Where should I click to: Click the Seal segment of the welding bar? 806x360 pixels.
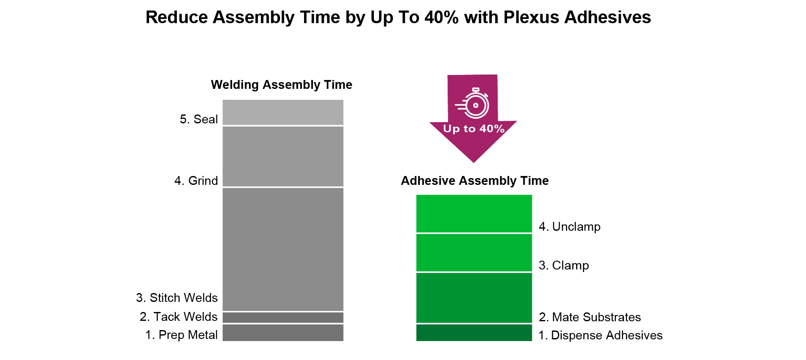(x=283, y=112)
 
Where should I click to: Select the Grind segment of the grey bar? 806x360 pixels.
(x=283, y=156)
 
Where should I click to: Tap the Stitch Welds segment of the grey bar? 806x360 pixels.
(x=283, y=249)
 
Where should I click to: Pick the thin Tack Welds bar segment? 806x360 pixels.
(x=283, y=317)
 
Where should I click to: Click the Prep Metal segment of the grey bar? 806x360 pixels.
(x=283, y=333)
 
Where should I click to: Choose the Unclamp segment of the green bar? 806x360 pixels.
(x=474, y=213)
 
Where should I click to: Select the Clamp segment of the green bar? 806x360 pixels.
(x=474, y=253)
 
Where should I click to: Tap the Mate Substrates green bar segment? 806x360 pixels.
(x=474, y=298)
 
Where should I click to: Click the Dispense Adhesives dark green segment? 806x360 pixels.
(x=474, y=333)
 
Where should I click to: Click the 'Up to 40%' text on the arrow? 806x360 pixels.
(x=474, y=129)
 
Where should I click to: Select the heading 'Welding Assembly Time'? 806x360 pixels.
(x=281, y=85)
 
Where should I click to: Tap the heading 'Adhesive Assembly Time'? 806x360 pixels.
(x=475, y=181)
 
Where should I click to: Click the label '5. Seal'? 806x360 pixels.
(x=199, y=119)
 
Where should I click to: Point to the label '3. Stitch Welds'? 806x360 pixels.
(x=177, y=298)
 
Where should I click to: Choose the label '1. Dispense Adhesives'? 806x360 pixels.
(x=600, y=335)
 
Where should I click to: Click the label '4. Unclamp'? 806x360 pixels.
(x=570, y=227)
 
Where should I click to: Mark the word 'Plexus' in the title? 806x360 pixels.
(x=531, y=17)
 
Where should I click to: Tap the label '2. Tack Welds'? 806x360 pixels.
(x=179, y=317)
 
